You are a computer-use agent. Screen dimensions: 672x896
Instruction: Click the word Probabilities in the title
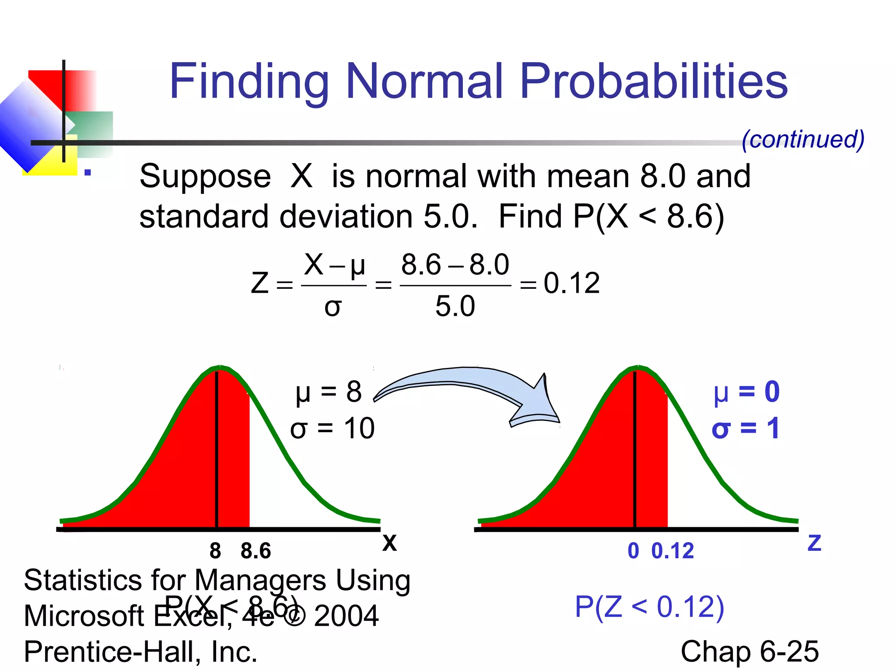pos(654,82)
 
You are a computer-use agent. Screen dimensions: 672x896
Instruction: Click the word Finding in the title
pos(248,82)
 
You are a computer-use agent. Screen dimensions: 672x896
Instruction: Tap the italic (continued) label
pos(803,140)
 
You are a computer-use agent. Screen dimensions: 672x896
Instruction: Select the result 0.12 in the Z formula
pos(571,283)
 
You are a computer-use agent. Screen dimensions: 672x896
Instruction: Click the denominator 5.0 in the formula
pos(455,306)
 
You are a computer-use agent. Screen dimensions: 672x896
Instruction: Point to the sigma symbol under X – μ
pos(333,308)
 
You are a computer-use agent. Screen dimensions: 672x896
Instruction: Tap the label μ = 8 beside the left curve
pos(329,392)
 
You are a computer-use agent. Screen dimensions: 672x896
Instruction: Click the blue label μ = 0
pos(746,392)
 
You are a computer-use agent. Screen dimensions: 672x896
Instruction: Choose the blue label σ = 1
pos(745,428)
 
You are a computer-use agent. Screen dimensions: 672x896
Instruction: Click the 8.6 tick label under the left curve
pos(255,551)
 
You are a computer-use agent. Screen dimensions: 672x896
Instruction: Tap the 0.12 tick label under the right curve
pos(672,551)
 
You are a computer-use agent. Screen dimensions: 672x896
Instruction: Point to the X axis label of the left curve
pos(389,543)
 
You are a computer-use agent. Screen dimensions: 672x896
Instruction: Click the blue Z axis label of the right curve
pos(814,543)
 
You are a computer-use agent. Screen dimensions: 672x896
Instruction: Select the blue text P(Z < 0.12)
pos(649,607)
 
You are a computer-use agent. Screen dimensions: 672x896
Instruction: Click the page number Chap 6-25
pos(749,651)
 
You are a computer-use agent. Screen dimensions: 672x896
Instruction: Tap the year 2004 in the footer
pos(346,616)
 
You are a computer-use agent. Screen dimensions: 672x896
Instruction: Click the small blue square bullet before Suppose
pos(87,172)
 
